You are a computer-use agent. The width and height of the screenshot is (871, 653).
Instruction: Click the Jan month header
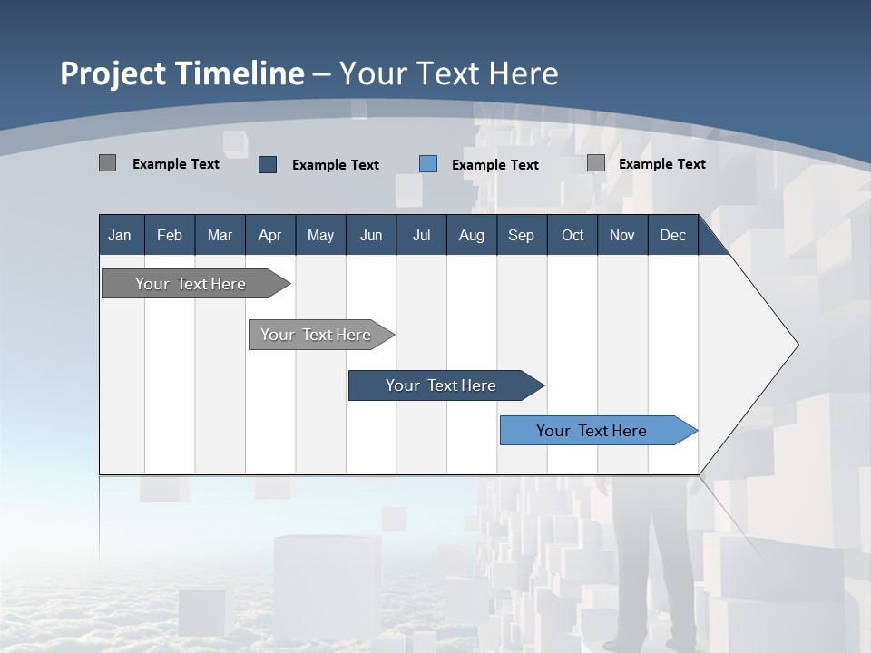120,235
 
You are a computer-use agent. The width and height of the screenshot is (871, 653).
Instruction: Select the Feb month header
170,235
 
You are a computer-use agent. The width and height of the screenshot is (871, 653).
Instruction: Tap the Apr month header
269,235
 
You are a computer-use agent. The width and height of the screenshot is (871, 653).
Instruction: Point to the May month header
320,235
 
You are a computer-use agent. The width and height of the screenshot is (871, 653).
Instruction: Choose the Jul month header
421,235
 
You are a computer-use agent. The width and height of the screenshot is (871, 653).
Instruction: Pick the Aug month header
471,235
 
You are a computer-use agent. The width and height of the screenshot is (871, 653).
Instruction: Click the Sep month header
521,235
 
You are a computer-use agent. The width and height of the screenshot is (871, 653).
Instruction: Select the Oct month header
573,235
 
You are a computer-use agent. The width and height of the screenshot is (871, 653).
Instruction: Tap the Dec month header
672,235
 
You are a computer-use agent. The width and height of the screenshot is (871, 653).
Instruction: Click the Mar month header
220,235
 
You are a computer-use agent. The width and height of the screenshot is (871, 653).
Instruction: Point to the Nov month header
621,235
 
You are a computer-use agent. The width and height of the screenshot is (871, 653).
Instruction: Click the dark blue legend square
268,164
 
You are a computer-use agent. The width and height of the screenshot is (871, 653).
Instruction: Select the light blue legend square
428,164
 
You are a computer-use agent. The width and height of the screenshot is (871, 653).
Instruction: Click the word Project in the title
113,73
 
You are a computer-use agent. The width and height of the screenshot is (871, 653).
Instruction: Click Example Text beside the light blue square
494,165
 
